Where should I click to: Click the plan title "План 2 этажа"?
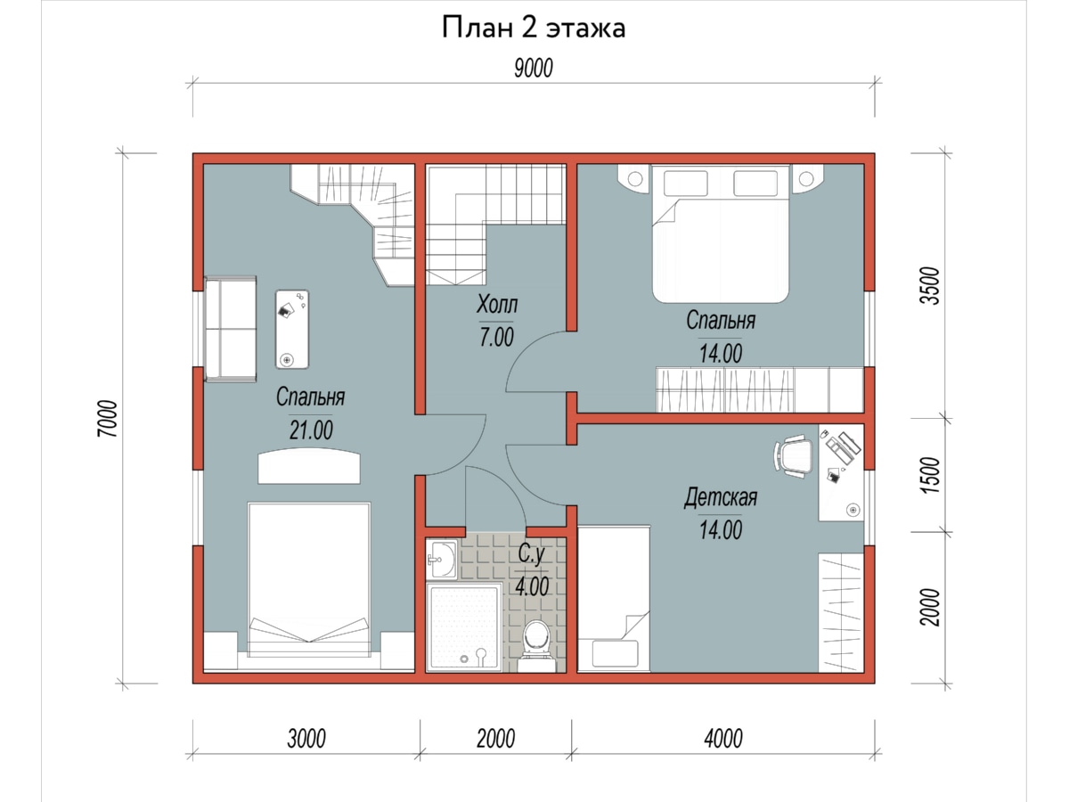[534, 28]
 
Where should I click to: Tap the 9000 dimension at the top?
[534, 69]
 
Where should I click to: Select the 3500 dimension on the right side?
[930, 286]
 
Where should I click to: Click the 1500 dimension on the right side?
[930, 475]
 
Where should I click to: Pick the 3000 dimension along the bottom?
[306, 738]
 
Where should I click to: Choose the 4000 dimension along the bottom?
[723, 738]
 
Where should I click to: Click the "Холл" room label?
[497, 304]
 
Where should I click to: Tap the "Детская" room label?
[721, 497]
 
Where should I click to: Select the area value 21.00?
[311, 430]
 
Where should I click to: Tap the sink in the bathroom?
[442, 559]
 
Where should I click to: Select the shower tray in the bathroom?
[465, 627]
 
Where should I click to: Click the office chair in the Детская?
[793, 456]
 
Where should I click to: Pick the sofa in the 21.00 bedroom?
[231, 329]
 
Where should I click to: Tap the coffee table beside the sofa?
[292, 329]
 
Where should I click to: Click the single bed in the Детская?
[614, 599]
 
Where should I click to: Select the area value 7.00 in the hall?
[497, 338]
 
